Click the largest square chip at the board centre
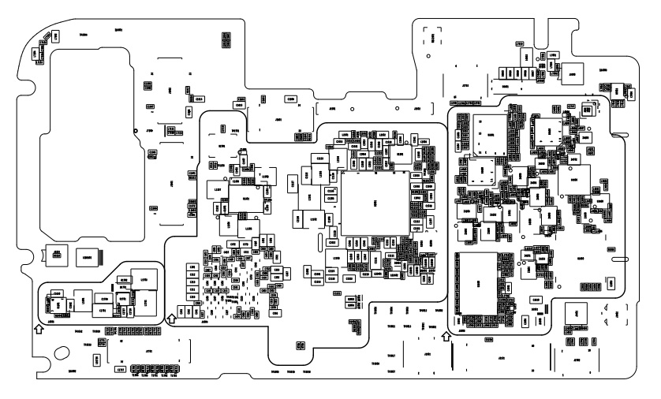coord(374,202)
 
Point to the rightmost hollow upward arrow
coord(446,337)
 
